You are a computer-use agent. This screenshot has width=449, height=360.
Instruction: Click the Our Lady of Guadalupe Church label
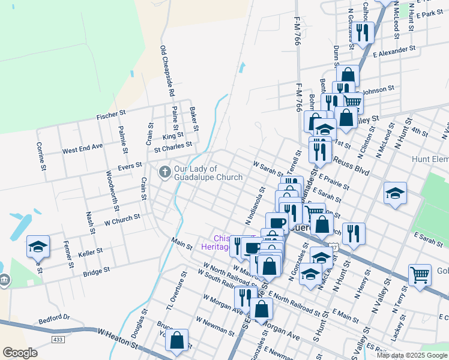tap(208, 173)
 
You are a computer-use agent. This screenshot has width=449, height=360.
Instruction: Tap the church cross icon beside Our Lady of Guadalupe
tap(164, 172)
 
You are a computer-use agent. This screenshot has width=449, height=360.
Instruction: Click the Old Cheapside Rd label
tap(166, 71)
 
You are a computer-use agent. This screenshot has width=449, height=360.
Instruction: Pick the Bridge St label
tap(97, 271)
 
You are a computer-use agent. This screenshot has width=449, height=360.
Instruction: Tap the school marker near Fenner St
tap(37, 247)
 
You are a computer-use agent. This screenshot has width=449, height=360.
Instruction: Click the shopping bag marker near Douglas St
tap(177, 340)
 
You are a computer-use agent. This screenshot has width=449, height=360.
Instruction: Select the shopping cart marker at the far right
tap(420, 275)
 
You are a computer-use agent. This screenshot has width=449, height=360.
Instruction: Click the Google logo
tap(20, 353)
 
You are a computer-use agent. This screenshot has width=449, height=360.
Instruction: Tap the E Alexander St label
tap(394, 52)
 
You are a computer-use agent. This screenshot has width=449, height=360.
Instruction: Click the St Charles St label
tap(173, 146)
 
